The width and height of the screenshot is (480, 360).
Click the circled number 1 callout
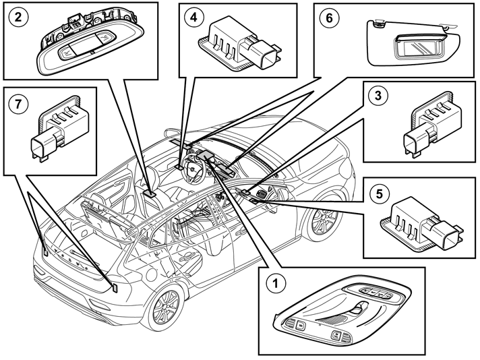[276, 283]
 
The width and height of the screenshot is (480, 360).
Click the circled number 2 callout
[18, 17]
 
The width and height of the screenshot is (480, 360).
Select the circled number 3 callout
[378, 95]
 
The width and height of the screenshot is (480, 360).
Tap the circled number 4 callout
[193, 18]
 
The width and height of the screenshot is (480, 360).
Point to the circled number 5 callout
[379, 193]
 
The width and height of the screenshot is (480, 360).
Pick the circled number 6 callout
[329, 18]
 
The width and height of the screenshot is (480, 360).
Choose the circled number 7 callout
[18, 103]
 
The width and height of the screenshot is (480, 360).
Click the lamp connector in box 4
[262, 54]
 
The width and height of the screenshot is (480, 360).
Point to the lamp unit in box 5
[422, 225]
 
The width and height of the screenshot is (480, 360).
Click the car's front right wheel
[324, 220]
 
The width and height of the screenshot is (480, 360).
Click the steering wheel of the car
[192, 169]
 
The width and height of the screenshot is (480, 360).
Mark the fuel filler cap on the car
[151, 274]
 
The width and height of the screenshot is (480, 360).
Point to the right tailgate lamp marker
[115, 287]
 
